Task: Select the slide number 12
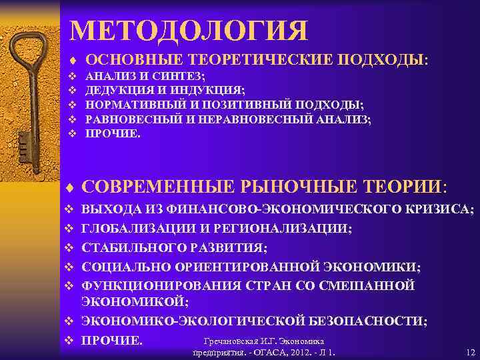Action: [470, 352]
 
